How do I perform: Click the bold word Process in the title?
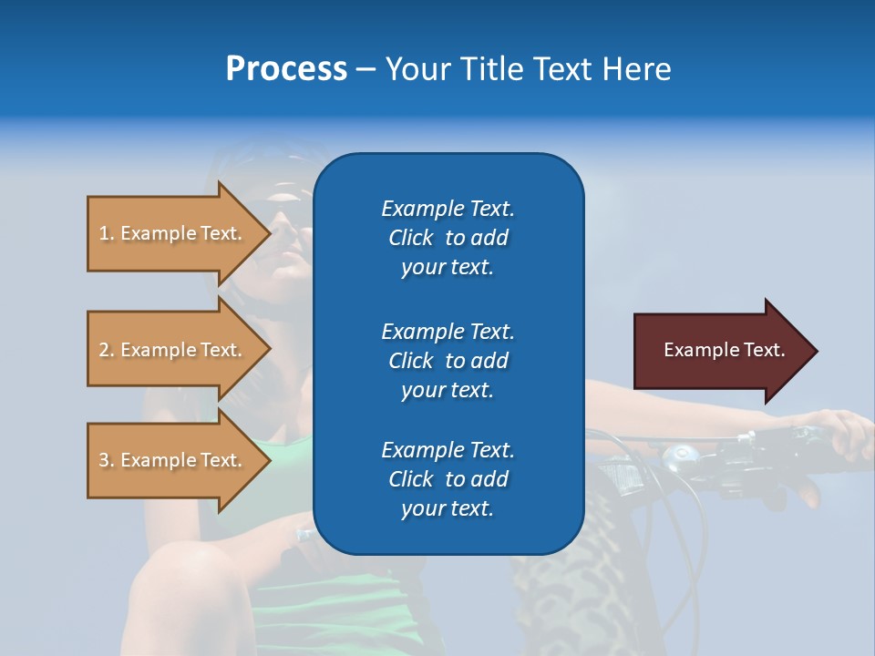coord(286,69)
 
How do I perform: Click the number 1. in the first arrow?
coord(107,233)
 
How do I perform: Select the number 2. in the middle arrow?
coord(107,350)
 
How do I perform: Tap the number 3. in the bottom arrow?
coord(107,460)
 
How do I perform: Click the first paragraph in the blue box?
coord(448,238)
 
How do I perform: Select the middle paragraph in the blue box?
coord(448,360)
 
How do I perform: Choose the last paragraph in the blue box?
coord(448,479)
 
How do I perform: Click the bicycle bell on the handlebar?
coord(679,455)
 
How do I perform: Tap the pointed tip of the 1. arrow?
coord(269,233)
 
